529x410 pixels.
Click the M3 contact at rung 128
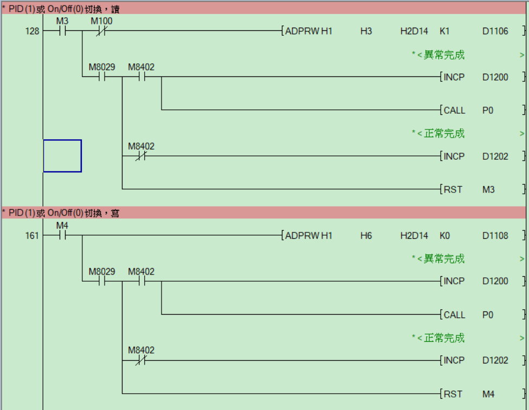62,31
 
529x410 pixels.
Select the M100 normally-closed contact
101,31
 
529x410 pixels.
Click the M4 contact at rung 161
62,236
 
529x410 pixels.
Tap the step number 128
32,31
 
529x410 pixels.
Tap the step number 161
32,236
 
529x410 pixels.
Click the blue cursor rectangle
62,156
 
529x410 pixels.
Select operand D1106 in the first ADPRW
495,31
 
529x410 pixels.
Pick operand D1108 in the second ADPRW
495,236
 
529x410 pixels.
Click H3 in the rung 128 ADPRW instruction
366,31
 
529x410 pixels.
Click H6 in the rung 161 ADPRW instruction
366,236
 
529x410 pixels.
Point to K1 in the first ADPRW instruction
444,31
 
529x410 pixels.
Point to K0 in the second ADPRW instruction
444,236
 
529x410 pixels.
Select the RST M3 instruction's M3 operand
488,190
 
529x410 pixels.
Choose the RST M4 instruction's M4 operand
488,394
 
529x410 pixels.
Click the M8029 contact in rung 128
101,77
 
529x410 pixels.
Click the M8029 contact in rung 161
101,281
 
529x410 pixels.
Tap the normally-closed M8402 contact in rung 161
141,360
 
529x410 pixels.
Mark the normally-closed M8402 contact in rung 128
141,157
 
